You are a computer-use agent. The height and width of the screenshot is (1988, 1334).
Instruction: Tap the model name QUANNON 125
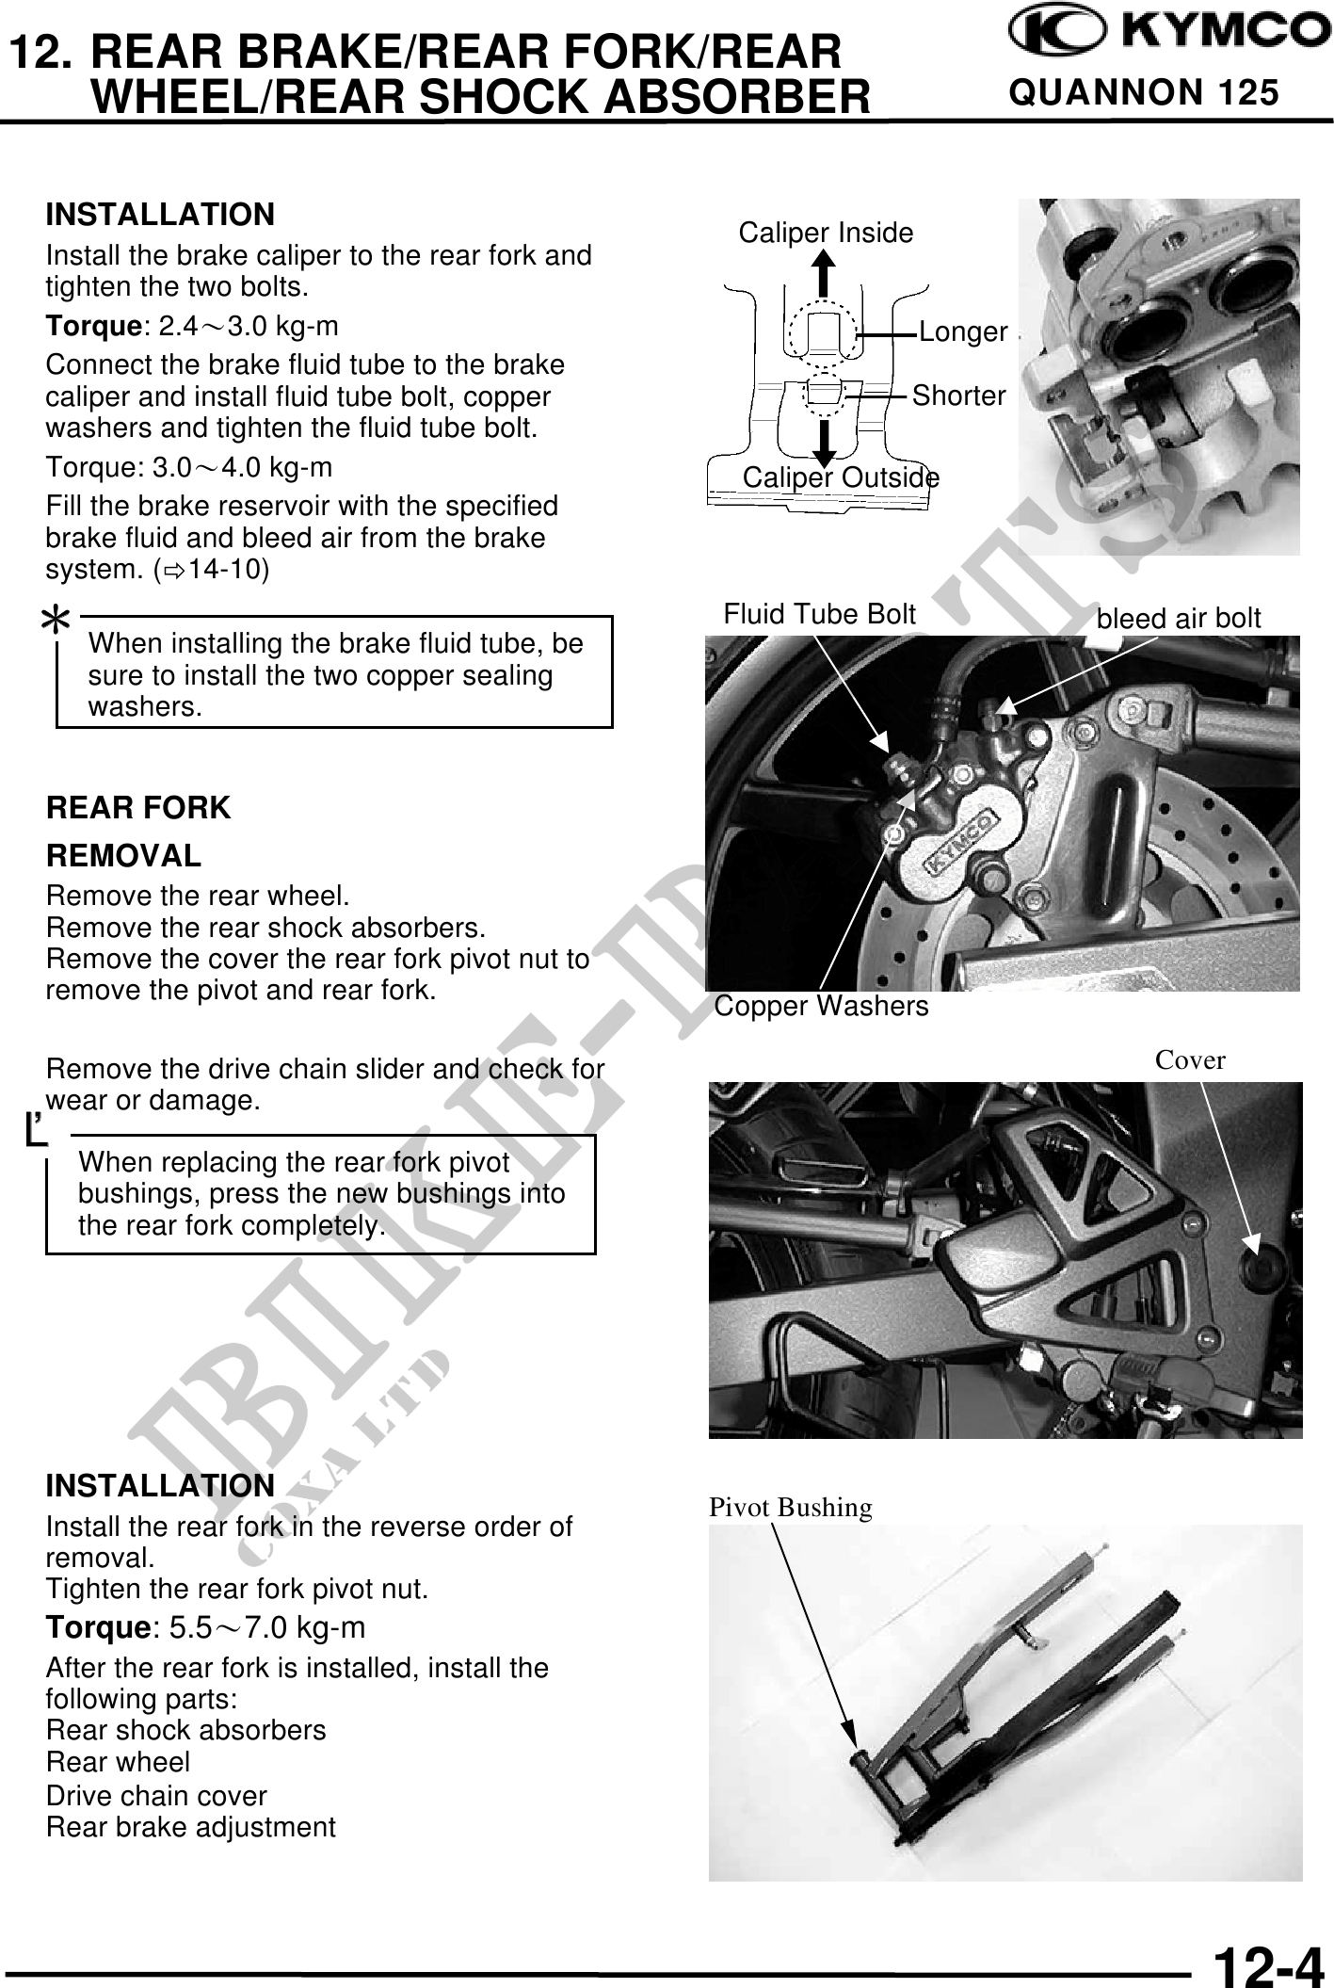[x=1144, y=93]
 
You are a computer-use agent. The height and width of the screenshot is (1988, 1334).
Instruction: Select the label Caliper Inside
[x=825, y=233]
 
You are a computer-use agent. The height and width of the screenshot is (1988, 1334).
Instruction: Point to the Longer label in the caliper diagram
[x=962, y=331]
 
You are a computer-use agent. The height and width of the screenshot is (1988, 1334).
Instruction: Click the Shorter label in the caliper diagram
[x=958, y=396]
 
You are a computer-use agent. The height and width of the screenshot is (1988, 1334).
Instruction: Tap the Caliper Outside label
[x=840, y=478]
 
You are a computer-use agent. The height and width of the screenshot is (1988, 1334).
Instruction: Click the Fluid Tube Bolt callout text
[x=819, y=615]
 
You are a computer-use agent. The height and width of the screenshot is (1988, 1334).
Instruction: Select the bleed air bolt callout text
[x=1179, y=618]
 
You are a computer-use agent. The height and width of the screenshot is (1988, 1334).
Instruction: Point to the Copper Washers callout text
[x=821, y=1007]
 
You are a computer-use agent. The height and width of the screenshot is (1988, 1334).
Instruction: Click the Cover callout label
[x=1190, y=1060]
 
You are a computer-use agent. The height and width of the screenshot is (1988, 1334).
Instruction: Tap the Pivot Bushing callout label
[x=790, y=1508]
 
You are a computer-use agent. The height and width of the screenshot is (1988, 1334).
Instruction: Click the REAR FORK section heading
[x=138, y=808]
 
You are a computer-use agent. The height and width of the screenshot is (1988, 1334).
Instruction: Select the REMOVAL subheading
[x=123, y=856]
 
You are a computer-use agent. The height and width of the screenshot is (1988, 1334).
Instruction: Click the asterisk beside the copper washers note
[x=58, y=621]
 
